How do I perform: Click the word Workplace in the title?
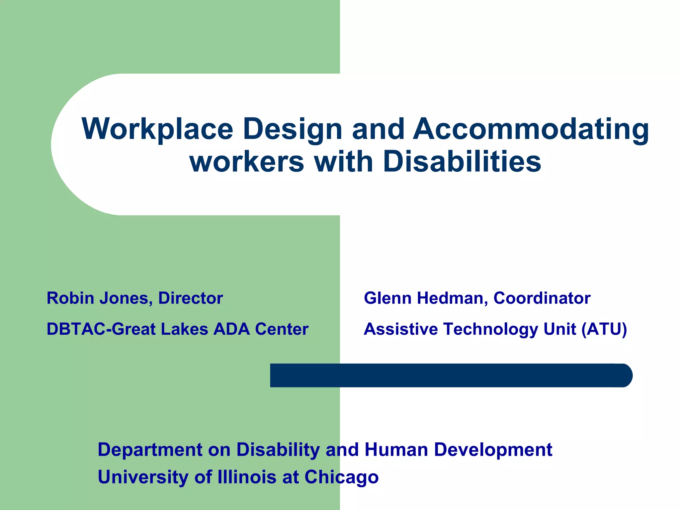pos(157,129)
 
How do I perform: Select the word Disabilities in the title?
pos(462,162)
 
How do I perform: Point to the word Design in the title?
pos(293,129)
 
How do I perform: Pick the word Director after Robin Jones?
pos(190,298)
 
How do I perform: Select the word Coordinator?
pos(542,298)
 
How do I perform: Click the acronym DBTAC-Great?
pos(101,329)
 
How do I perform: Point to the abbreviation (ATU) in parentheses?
pos(604,329)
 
